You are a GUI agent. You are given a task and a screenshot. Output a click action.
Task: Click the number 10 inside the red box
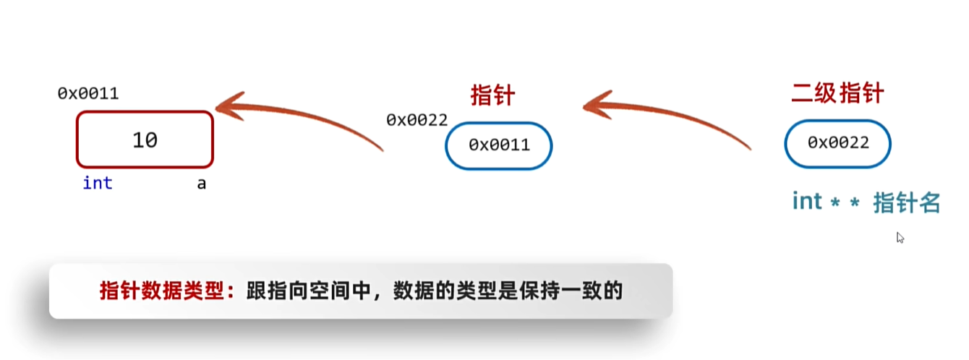point(145,140)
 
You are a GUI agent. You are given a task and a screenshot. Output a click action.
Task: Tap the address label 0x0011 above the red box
point(88,94)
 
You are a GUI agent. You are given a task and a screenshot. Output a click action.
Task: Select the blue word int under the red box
point(98,184)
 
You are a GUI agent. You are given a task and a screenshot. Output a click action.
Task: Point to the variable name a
point(202,184)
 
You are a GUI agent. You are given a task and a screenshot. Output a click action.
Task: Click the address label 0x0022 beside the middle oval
point(417,120)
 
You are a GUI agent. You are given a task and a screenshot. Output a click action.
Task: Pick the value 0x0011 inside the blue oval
point(499,145)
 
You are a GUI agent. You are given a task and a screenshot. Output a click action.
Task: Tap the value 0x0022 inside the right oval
point(838,143)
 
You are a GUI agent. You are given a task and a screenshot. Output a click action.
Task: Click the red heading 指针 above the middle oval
point(492,95)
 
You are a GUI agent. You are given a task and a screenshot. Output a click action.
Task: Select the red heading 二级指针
point(837,93)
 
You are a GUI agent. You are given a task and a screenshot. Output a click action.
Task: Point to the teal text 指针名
point(907,203)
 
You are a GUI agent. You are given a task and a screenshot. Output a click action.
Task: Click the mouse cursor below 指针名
point(900,237)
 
